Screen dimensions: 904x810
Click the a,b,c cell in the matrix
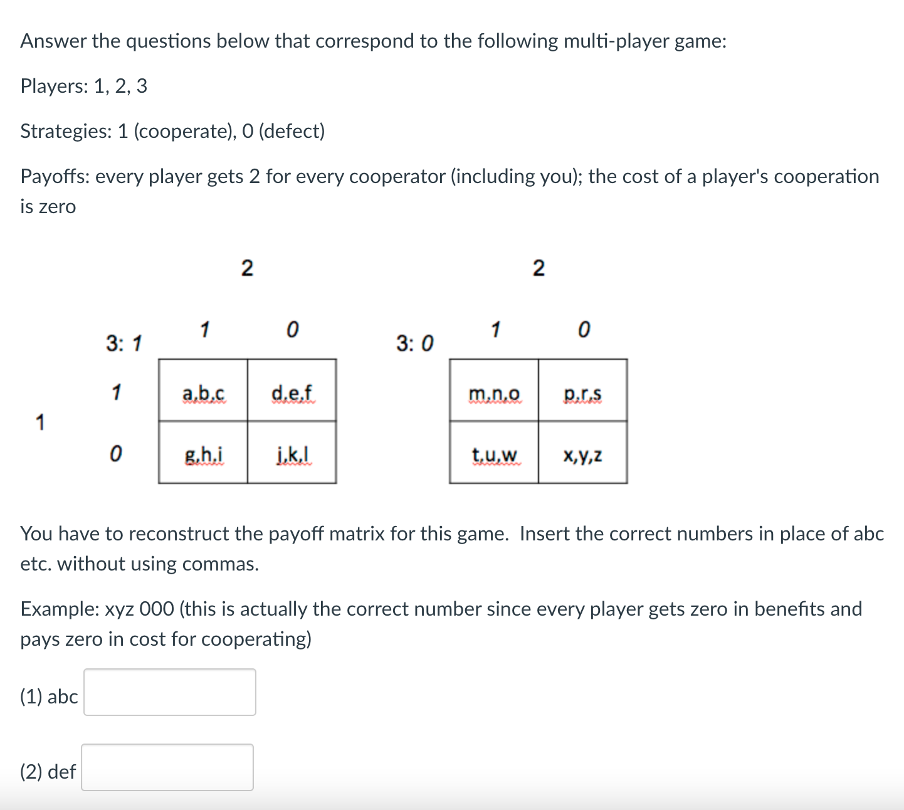(x=203, y=394)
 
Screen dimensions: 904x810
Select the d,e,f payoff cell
(x=292, y=394)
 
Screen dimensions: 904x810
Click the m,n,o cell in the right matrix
(x=494, y=394)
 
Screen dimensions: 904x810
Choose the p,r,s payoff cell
(x=583, y=394)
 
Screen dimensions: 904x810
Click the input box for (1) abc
(x=170, y=692)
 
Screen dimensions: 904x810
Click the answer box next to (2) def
(x=167, y=767)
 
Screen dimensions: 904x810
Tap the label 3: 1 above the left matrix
(x=124, y=344)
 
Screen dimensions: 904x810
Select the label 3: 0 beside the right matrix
(x=414, y=344)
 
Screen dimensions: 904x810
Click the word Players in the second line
(x=54, y=86)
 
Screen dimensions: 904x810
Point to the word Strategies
(x=65, y=131)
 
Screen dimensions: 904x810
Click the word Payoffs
(x=55, y=177)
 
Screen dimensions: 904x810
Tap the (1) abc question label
(x=49, y=697)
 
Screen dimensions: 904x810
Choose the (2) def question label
(x=48, y=772)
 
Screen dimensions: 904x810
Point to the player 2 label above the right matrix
(x=539, y=268)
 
